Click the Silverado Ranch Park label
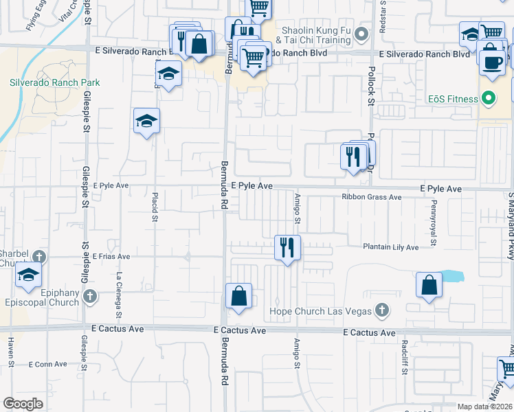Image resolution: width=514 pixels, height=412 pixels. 55,82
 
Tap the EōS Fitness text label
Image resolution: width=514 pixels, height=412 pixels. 450,99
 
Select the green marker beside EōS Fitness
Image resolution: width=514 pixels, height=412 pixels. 489,99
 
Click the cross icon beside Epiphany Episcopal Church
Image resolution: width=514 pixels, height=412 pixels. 89,297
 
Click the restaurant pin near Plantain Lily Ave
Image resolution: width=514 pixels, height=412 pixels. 287,248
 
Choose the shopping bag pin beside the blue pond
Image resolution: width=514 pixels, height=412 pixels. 429,285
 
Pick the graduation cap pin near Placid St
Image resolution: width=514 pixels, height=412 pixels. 146,122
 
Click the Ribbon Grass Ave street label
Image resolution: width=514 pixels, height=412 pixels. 372,197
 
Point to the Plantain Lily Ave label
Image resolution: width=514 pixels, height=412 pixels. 391,247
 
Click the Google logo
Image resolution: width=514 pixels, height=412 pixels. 23,404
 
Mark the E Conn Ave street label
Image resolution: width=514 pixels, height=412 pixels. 49,364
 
